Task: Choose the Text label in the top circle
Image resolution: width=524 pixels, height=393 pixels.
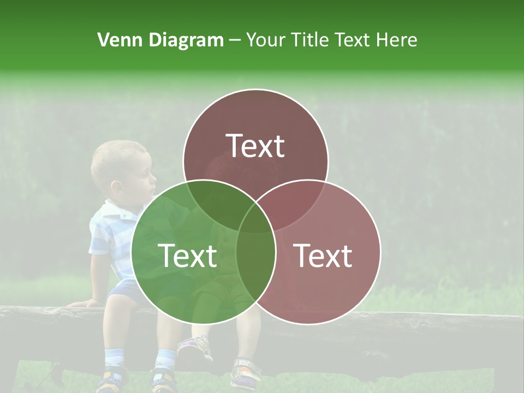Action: tap(255, 146)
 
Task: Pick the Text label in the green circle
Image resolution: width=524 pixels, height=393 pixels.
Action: tap(187, 255)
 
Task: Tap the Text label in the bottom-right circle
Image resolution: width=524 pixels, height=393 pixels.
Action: tap(323, 255)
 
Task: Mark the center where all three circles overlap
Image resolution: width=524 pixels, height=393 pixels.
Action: tap(256, 216)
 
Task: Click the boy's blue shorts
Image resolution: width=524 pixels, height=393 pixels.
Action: tap(120, 289)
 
